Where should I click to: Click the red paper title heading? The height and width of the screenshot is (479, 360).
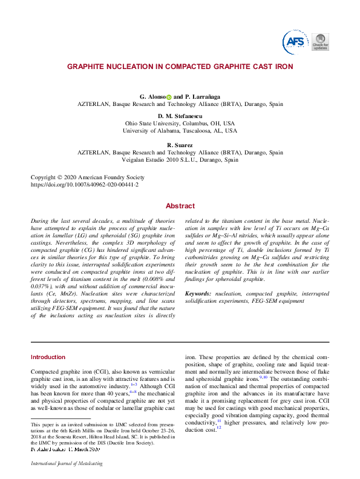tap(180, 66)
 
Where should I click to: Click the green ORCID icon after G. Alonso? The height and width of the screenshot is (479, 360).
tap(169, 97)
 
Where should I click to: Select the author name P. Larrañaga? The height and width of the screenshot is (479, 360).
tap(203, 97)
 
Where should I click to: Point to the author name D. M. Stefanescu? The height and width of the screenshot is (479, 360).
tap(180, 116)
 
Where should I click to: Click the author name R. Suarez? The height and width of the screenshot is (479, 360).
tap(180, 145)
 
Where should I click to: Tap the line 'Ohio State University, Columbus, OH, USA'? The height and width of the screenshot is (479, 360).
tap(180, 123)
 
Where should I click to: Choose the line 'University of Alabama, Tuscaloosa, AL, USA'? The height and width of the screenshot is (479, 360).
tap(180, 130)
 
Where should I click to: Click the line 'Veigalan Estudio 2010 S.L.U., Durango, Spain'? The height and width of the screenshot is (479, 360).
tap(180, 160)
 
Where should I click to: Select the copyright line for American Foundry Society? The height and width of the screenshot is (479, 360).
tap(88, 177)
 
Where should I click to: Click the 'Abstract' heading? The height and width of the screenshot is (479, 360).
tap(180, 206)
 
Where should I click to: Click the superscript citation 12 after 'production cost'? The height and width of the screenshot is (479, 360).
tap(219, 428)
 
